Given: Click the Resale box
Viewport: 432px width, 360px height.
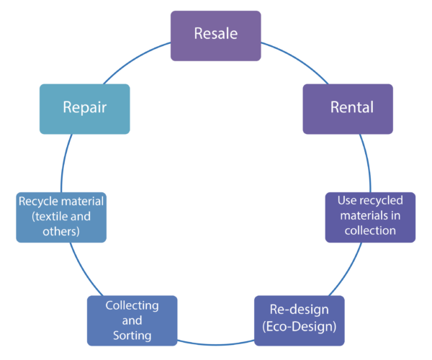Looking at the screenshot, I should pyautogui.click(x=215, y=35).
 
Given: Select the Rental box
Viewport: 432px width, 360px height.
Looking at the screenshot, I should pyautogui.click(x=348, y=109).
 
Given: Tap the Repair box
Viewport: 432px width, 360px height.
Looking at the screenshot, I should pyautogui.click(x=84, y=109).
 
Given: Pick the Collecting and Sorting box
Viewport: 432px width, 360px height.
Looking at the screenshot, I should pyautogui.click(x=132, y=320).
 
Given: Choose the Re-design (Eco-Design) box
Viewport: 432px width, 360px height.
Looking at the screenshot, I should pyautogui.click(x=300, y=320).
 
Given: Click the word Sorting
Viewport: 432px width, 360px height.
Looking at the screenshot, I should pyautogui.click(x=132, y=336).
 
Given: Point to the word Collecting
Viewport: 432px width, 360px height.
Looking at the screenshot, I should pyautogui.click(x=132, y=305).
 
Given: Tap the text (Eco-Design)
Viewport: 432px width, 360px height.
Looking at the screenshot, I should pyautogui.click(x=300, y=330).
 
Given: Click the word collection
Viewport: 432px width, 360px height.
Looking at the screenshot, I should pyautogui.click(x=370, y=230).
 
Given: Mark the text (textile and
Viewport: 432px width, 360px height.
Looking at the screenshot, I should pyautogui.click(x=60, y=216).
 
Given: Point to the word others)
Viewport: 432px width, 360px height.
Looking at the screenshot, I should pyautogui.click(x=60, y=231).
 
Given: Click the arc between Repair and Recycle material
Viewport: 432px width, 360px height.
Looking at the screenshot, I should pyautogui.click(x=65, y=162).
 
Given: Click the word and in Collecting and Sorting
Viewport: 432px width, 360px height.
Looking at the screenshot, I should pyautogui.click(x=132, y=320).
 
